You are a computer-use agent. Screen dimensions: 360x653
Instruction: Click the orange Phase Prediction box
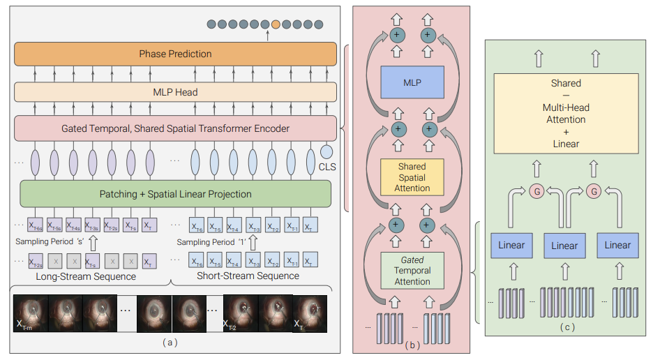[175, 54]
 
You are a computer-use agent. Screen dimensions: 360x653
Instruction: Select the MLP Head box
[175, 92]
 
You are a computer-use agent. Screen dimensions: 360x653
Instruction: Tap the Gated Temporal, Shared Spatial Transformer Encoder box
[175, 128]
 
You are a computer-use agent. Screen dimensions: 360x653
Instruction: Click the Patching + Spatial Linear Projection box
[175, 194]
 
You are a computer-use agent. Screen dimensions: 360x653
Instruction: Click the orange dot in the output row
[276, 24]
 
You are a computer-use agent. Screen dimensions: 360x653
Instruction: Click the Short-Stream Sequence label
[249, 276]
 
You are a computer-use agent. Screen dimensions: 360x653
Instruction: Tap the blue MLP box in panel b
[412, 82]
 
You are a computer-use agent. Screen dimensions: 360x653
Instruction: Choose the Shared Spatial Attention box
[412, 177]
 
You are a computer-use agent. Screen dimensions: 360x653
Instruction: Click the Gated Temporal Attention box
[412, 271]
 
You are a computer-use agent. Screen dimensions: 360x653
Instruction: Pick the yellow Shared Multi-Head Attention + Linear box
[566, 113]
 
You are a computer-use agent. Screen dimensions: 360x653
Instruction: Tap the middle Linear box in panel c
[564, 246]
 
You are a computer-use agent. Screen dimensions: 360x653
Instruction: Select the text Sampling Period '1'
[211, 242]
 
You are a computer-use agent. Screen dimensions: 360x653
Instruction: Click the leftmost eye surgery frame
[31, 313]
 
